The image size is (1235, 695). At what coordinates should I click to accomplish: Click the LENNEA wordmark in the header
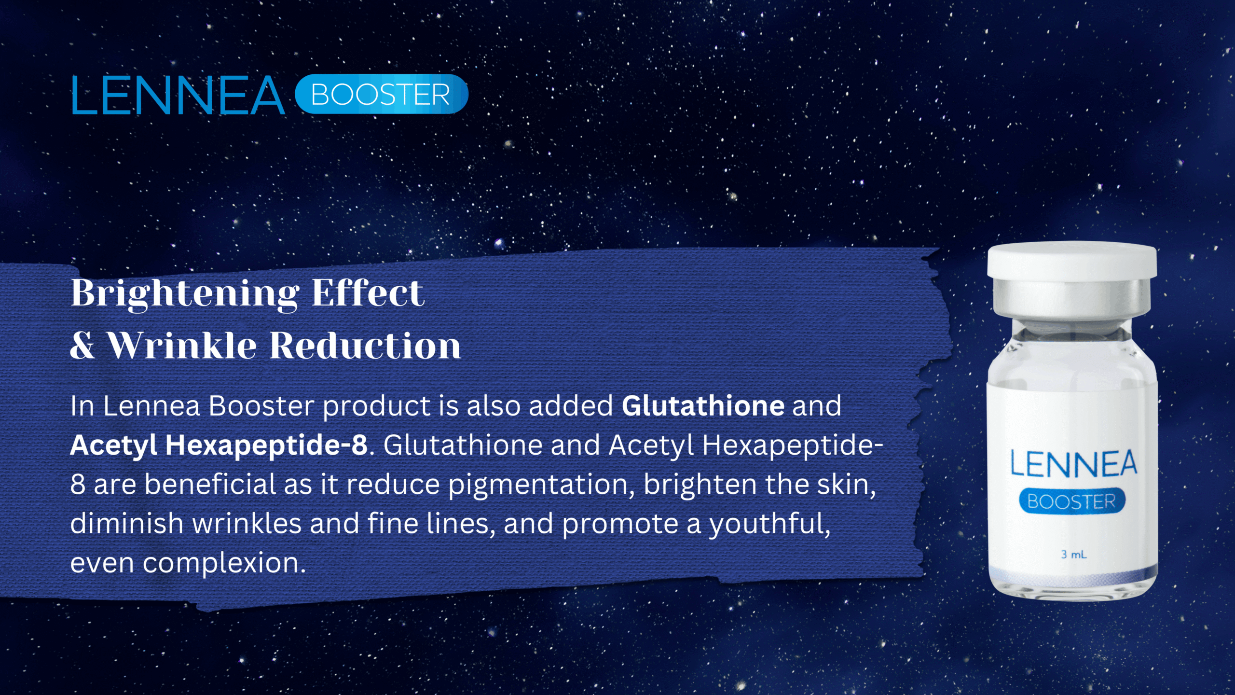178,95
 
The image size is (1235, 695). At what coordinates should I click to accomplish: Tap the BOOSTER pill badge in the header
381,94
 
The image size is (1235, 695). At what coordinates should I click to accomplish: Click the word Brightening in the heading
185,293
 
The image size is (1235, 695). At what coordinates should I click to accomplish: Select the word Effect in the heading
368,292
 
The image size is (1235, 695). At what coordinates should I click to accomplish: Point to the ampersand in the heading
82,346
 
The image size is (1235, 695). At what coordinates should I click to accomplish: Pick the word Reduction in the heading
365,346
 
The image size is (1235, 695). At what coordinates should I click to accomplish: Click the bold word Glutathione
703,406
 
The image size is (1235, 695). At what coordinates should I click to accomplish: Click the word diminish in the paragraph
126,523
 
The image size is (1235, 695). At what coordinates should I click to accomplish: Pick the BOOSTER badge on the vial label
1072,501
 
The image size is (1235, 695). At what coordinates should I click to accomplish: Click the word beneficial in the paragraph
210,485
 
